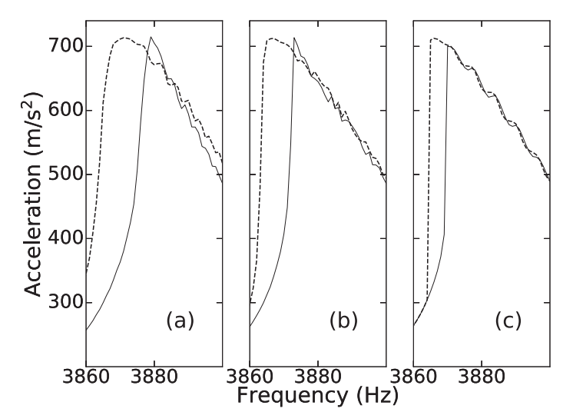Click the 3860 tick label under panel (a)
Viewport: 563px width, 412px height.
[87, 380]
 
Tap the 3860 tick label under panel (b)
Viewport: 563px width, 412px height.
[250, 380]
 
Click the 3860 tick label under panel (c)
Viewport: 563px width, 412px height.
[414, 380]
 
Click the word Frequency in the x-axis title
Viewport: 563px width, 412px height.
[290, 397]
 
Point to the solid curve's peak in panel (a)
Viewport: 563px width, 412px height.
[151, 37]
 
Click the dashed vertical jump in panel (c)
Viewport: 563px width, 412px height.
[429, 169]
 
